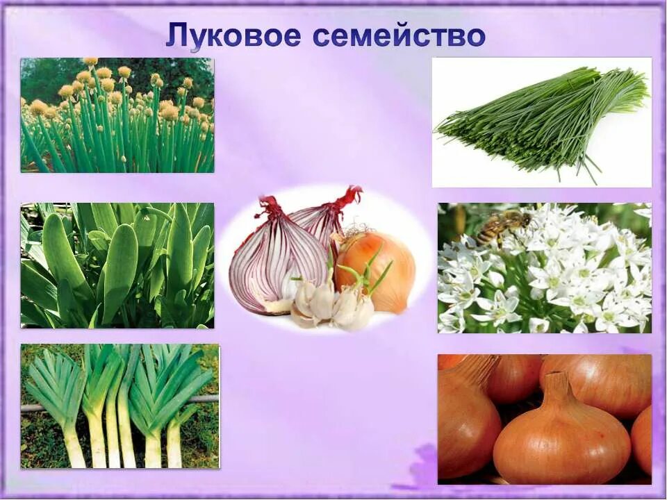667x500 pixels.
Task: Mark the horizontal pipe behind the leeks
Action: pyautogui.click(x=201, y=399)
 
